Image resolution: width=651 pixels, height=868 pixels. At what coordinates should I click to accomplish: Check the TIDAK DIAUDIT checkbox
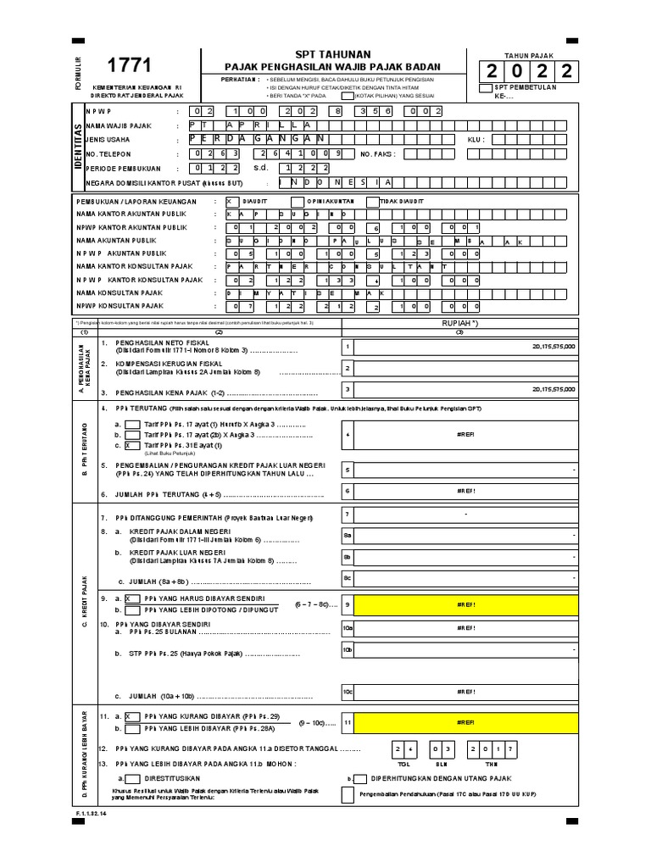click(373, 202)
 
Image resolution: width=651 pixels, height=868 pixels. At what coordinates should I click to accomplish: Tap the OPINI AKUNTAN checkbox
click(297, 202)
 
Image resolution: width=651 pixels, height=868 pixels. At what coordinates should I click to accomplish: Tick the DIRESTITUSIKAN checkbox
click(132, 777)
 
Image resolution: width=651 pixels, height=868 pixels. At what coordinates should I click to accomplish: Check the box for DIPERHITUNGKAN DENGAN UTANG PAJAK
click(359, 777)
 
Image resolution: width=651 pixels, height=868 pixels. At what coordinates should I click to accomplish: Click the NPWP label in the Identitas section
click(98, 111)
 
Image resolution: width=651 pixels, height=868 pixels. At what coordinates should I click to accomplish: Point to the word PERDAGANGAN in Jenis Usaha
click(259, 139)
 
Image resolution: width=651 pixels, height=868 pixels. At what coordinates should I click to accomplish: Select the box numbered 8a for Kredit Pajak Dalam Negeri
click(347, 536)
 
